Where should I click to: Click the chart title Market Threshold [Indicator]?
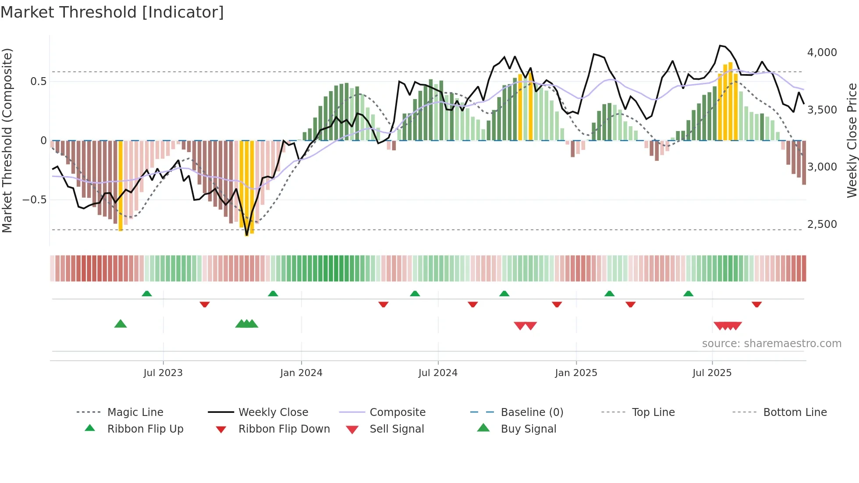(x=112, y=12)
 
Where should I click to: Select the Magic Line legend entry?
(x=135, y=412)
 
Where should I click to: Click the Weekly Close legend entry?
(x=273, y=412)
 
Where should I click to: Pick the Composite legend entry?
(x=397, y=412)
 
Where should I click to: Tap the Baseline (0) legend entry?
(x=532, y=412)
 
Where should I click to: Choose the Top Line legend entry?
(x=653, y=412)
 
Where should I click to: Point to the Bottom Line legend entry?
(x=795, y=412)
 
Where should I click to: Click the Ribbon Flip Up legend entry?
(x=145, y=429)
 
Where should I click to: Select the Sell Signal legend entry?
(x=397, y=429)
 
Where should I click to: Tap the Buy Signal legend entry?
(x=528, y=429)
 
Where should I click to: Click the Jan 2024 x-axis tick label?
(x=301, y=373)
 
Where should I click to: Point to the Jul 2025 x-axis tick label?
(x=712, y=373)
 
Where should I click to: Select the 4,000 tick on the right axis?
(x=822, y=53)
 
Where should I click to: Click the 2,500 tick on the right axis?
(x=822, y=224)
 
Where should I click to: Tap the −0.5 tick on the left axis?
(x=34, y=200)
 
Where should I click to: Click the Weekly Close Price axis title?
(x=852, y=140)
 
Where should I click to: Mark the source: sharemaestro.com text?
(x=771, y=344)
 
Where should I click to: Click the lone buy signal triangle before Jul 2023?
(x=121, y=324)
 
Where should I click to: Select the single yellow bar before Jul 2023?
(x=121, y=186)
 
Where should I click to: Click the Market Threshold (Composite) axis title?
(x=7, y=140)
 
